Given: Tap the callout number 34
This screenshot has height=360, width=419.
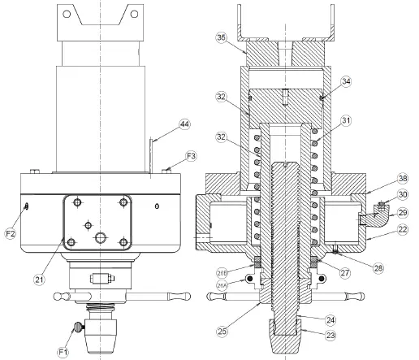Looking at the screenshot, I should tap(347, 80).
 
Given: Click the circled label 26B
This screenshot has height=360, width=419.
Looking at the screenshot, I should tap(222, 271).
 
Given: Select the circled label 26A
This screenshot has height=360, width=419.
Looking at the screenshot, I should tap(222, 284).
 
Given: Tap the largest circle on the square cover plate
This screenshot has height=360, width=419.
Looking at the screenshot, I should tap(101, 237).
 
